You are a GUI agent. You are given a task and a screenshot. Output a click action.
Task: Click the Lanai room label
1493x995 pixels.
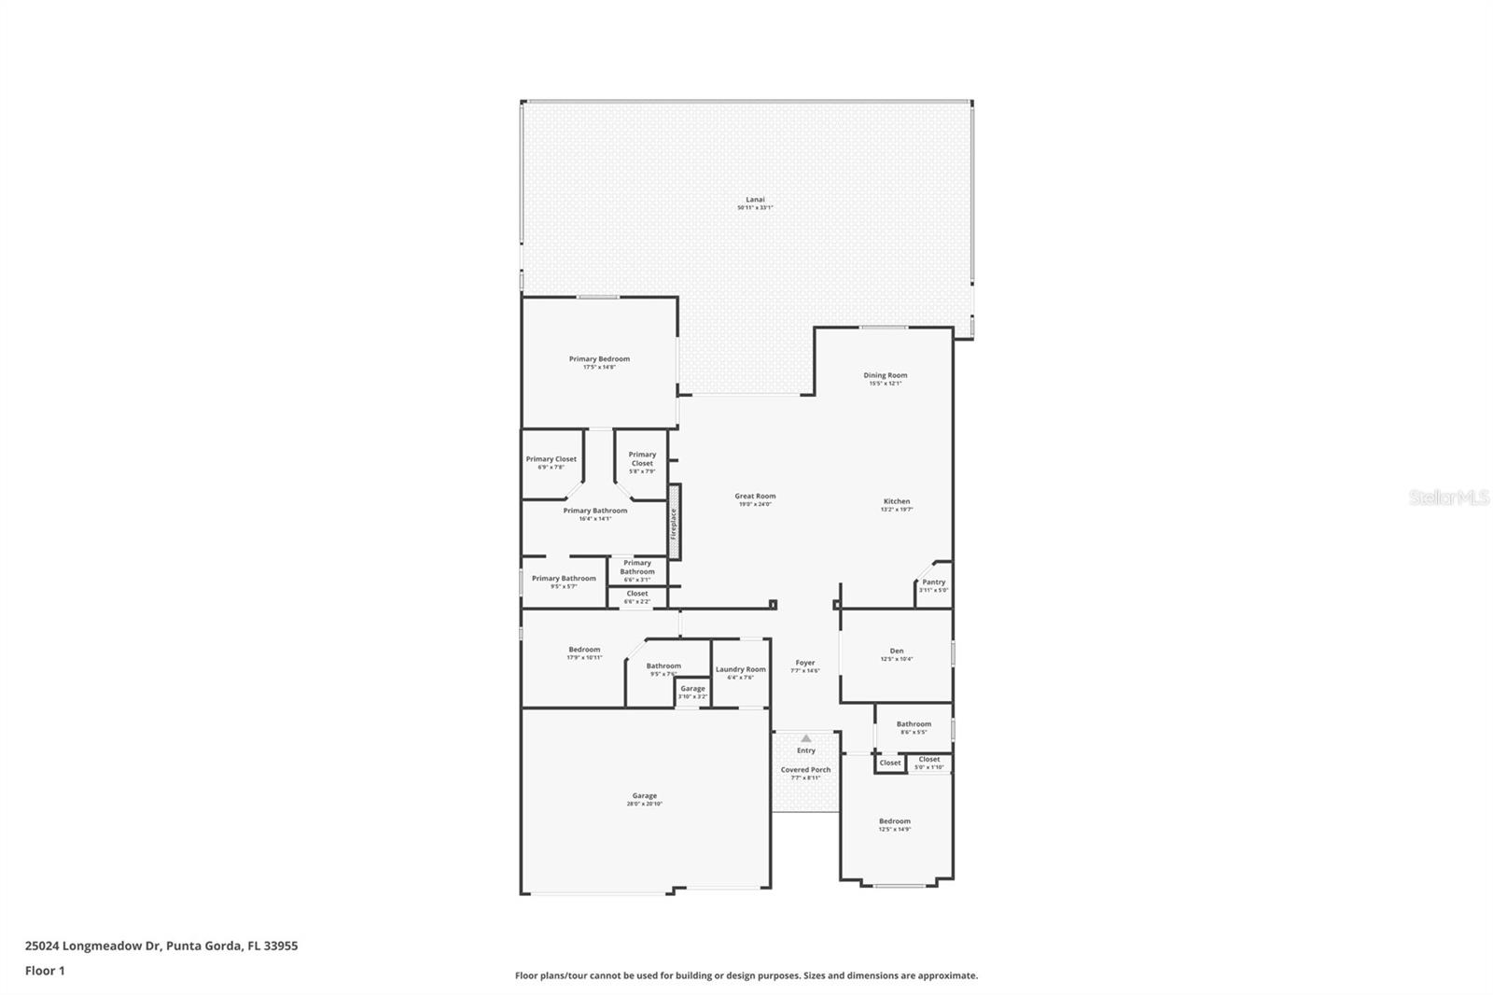pyautogui.click(x=755, y=200)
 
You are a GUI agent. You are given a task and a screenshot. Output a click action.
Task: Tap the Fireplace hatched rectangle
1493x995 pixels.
pyautogui.click(x=674, y=522)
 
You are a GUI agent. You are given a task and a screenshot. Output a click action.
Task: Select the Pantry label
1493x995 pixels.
pyautogui.click(x=933, y=582)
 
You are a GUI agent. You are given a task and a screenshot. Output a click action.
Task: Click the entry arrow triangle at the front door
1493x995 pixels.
pyautogui.click(x=806, y=738)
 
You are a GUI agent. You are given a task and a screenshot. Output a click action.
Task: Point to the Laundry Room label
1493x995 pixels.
pyautogui.click(x=740, y=669)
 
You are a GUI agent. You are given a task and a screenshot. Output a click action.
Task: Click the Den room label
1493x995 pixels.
pyautogui.click(x=896, y=651)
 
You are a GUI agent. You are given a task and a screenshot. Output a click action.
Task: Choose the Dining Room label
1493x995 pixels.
pyautogui.click(x=885, y=375)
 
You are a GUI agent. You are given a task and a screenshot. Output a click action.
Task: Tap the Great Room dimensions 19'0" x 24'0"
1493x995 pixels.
pyautogui.click(x=755, y=505)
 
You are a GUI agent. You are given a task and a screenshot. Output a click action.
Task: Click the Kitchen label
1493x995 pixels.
pyautogui.click(x=896, y=501)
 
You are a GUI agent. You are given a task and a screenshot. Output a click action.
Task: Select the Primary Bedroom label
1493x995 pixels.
pyautogui.click(x=599, y=358)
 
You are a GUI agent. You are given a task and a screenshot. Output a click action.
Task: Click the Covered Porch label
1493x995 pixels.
pyautogui.click(x=805, y=770)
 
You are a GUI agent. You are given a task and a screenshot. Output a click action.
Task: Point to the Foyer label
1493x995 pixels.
pyautogui.click(x=804, y=663)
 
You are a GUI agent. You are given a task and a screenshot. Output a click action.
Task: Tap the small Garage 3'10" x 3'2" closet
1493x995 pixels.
pyautogui.click(x=692, y=692)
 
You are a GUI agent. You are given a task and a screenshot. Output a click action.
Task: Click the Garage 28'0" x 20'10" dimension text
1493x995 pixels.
pyautogui.click(x=644, y=805)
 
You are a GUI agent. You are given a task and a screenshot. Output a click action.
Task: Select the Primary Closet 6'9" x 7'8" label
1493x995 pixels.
pyautogui.click(x=551, y=459)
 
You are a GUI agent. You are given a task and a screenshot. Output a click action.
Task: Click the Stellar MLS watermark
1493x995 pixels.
pyautogui.click(x=1448, y=498)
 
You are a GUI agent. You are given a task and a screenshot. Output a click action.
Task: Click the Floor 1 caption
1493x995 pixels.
pyautogui.click(x=45, y=971)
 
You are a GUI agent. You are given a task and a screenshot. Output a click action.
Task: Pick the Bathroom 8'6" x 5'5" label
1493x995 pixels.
pyautogui.click(x=914, y=724)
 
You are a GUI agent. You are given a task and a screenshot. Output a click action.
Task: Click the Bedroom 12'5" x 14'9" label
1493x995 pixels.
pyautogui.click(x=894, y=821)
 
